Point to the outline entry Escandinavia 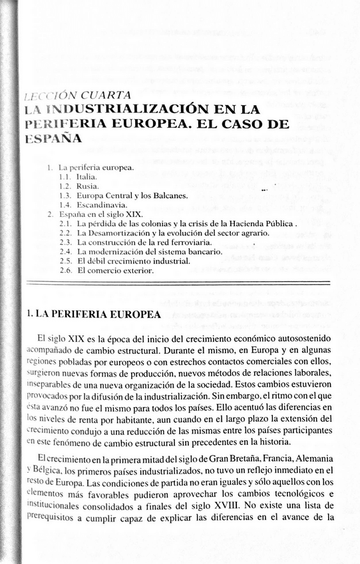point(102,206)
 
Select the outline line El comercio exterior point(115,271)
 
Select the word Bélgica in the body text point(42,470)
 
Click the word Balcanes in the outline point(169,197)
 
